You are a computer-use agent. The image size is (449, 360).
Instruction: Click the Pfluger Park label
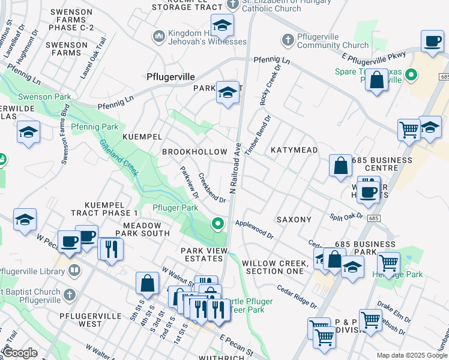pos(175,208)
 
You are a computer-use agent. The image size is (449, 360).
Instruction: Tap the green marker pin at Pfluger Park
pos(218,224)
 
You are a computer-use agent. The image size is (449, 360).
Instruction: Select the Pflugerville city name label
pos(171,77)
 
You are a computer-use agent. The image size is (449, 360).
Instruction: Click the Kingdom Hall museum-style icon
pos(159,37)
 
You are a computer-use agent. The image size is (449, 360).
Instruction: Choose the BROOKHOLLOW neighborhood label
pos(194,152)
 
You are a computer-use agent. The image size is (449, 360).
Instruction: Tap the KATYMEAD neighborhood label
pos(294,149)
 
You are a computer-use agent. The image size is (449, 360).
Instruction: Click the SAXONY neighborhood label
pos(294,220)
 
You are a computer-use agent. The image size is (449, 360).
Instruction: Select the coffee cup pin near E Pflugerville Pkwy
pos(432,42)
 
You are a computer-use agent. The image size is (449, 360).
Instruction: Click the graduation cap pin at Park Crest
pos(228,92)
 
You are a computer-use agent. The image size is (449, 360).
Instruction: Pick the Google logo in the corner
pos(20,353)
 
